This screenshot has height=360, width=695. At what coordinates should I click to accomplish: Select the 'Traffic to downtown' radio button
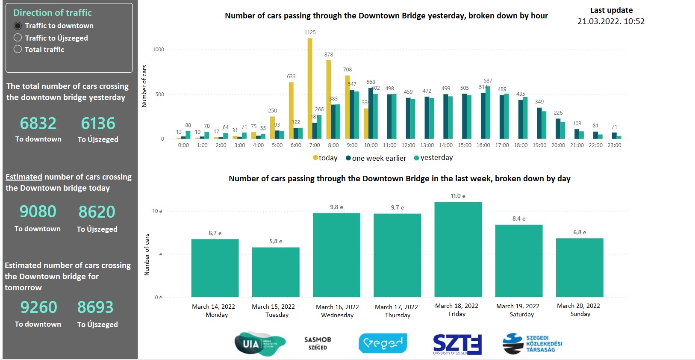coord(18,26)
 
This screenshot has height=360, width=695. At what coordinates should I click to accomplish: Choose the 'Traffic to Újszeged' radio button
coord(18,38)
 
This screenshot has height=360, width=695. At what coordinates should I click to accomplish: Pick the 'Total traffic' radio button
coord(18,49)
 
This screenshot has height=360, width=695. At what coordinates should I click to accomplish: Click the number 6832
coord(38,124)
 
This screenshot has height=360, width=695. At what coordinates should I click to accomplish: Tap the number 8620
coord(97,212)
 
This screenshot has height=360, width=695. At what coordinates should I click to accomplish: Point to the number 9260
coord(38,307)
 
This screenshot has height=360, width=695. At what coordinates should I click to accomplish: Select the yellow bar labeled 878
coord(328,99)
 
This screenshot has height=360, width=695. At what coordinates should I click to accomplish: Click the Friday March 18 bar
coord(458,249)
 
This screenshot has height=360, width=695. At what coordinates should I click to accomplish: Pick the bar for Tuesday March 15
coord(276,272)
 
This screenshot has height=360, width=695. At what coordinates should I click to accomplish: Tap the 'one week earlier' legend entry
coord(376,158)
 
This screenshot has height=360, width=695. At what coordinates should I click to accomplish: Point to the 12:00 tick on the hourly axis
coord(408,145)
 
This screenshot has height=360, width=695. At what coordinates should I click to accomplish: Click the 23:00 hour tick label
coord(614,145)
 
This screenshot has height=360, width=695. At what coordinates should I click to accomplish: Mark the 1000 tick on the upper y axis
coord(158,50)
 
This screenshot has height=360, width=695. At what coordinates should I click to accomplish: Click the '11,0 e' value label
coord(458,196)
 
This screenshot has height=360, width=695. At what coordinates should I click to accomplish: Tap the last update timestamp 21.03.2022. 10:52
coord(611,21)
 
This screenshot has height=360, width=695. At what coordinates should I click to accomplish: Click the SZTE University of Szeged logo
coord(457,344)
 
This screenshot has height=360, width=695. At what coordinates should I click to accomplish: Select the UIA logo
coord(259,344)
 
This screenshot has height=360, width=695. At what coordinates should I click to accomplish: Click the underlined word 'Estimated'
coord(24,177)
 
